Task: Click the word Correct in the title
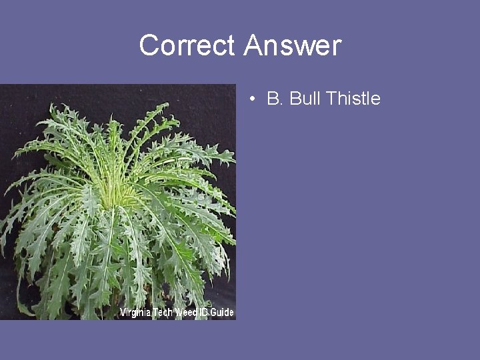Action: click(x=187, y=46)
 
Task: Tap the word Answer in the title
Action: click(x=292, y=46)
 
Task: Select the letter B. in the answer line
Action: click(x=274, y=99)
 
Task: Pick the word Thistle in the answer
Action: click(x=353, y=99)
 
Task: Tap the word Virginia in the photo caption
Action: click(x=135, y=313)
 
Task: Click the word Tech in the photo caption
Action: click(x=163, y=313)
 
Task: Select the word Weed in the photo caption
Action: click(x=187, y=313)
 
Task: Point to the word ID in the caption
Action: click(x=205, y=313)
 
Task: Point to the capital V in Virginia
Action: click(x=123, y=313)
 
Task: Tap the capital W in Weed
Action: click(x=179, y=313)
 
